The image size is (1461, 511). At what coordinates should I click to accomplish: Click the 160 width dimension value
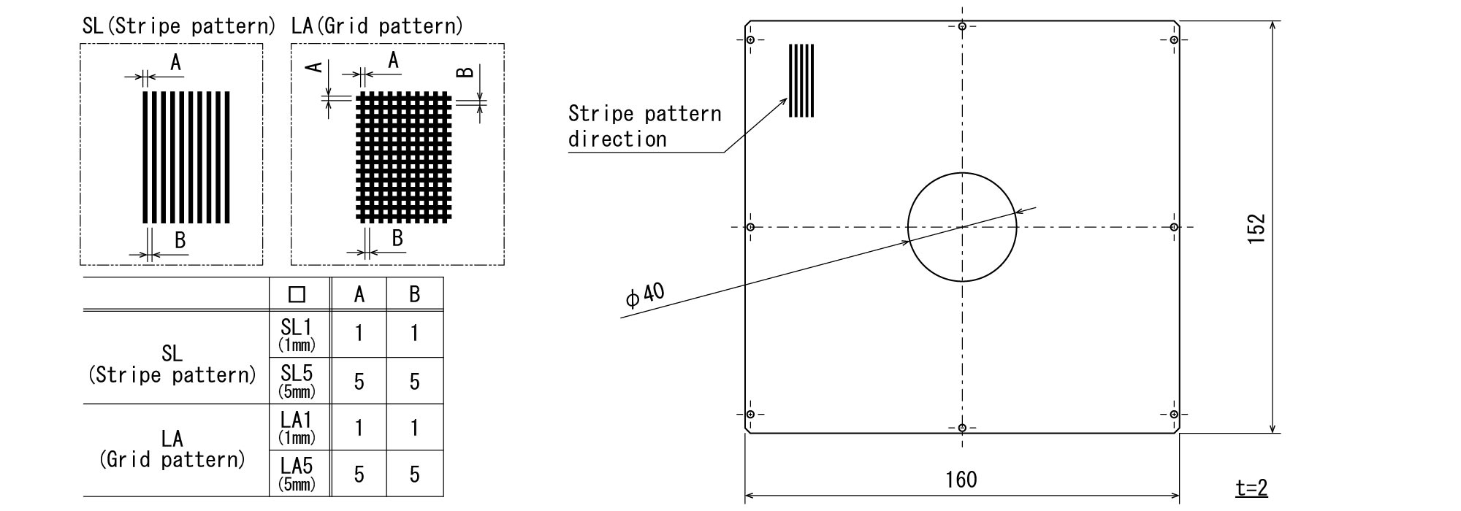click(x=961, y=480)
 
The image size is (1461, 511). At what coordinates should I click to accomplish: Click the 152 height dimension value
click(x=1256, y=228)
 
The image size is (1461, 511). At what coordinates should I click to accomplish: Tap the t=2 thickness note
click(x=1251, y=488)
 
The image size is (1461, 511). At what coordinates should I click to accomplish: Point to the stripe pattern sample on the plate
click(x=801, y=80)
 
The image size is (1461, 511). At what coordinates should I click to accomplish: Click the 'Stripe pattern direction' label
click(x=644, y=126)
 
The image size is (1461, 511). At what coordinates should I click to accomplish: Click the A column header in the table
click(x=359, y=294)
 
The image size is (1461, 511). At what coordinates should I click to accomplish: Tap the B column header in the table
click(x=415, y=294)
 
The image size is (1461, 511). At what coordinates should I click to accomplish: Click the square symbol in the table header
click(x=297, y=294)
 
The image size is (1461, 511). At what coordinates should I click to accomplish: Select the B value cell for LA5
click(x=415, y=474)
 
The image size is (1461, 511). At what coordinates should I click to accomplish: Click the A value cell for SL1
click(x=359, y=334)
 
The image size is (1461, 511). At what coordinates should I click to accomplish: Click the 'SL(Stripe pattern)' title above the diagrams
click(x=179, y=27)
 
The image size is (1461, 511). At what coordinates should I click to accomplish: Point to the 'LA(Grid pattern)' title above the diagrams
click(x=377, y=27)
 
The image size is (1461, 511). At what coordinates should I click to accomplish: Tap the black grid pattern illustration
click(x=404, y=156)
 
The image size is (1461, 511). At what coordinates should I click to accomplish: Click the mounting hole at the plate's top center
click(x=962, y=27)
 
